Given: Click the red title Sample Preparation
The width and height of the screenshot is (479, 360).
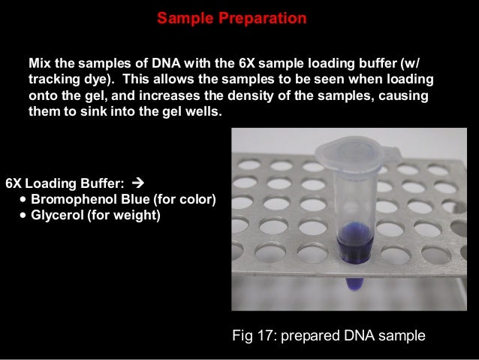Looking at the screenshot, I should (232, 18).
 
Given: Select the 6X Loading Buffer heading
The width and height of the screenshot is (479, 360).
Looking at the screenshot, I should (65, 183).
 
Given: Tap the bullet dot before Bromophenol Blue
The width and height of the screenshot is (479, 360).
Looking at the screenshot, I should (26, 199).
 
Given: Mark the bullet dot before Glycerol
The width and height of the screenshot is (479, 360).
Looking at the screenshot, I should (26, 216).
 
